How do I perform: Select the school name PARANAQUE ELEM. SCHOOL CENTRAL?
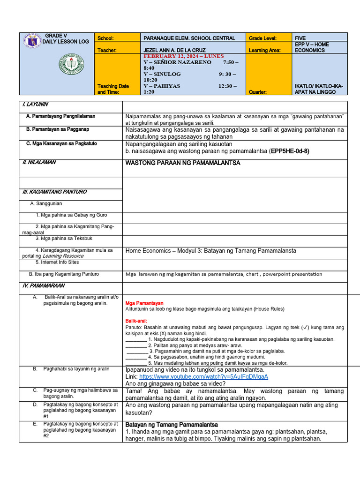[189, 38]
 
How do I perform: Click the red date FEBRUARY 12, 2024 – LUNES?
[184, 56]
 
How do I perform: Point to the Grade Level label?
[262, 38]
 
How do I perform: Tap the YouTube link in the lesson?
[203, 376]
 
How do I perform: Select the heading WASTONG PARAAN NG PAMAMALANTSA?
[183, 163]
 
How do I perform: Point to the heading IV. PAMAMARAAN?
[44, 285]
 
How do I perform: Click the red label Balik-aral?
[136, 321]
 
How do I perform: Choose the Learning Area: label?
[264, 50]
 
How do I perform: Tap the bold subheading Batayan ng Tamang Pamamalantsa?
[172, 425]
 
